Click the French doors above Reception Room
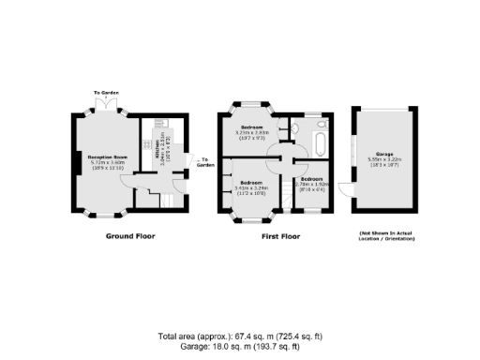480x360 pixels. click(108, 106)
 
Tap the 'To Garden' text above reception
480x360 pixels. click(107, 93)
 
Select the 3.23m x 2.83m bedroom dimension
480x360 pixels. click(251, 132)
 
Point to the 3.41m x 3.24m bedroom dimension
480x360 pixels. click(250, 187)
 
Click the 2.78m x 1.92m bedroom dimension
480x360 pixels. click(310, 184)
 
